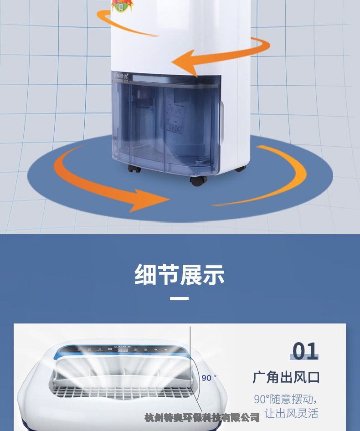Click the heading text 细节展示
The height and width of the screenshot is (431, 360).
tap(180, 274)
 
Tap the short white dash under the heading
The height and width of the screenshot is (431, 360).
tap(179, 299)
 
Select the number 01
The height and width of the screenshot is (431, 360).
tap(305, 351)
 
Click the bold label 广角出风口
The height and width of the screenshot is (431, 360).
tap(286, 377)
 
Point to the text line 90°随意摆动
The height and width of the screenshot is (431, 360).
tap(285, 399)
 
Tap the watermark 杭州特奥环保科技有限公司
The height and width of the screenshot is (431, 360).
tap(202, 417)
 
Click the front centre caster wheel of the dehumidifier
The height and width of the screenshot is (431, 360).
tap(198, 180)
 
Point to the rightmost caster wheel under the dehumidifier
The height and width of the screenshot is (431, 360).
tap(240, 169)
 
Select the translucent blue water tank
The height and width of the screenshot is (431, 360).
tap(166, 123)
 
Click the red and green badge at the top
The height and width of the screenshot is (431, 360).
tap(120, 5)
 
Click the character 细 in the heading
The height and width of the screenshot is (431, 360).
tap(145, 274)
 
